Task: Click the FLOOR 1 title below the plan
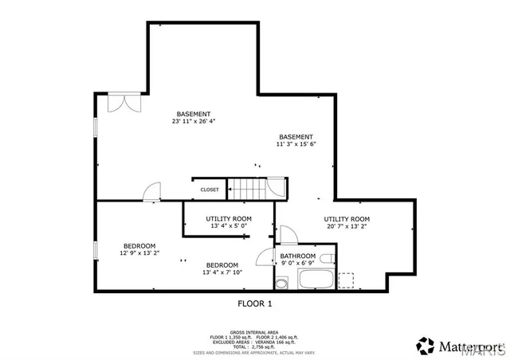(x=255, y=303)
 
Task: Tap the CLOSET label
(x=210, y=190)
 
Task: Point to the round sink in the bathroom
(x=281, y=283)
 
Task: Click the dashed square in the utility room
(x=346, y=280)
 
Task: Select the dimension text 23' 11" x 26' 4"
(x=194, y=122)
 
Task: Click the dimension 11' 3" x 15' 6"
(x=296, y=144)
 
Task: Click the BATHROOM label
(x=298, y=256)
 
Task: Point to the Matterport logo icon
(x=426, y=346)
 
